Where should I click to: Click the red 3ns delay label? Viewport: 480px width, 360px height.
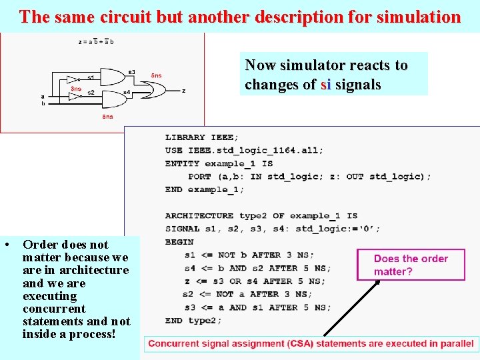[77, 88]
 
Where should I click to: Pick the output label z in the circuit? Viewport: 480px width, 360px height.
[183, 91]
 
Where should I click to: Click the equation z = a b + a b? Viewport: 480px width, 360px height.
[96, 42]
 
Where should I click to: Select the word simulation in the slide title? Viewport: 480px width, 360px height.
[418, 17]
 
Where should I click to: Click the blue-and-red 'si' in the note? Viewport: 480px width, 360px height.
[325, 85]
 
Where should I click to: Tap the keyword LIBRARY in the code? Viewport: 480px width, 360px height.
[185, 137]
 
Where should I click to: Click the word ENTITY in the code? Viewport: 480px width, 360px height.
[182, 163]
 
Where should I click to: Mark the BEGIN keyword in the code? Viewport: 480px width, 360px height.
[179, 242]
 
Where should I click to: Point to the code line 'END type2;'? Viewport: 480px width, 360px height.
[193, 320]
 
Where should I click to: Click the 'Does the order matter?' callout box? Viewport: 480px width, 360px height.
[411, 265]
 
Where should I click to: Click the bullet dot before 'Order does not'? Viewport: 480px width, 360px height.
[6, 245]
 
